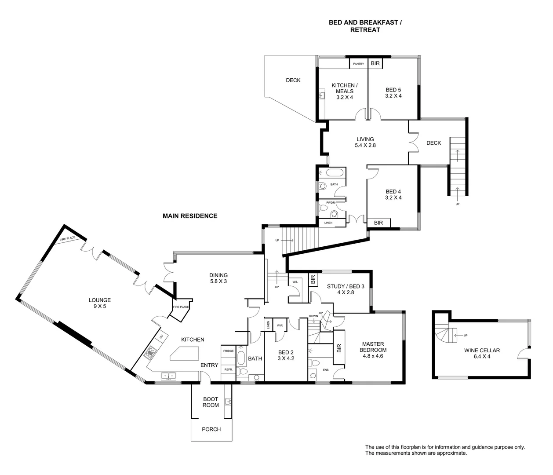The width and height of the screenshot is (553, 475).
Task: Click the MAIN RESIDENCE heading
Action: (x=190, y=216)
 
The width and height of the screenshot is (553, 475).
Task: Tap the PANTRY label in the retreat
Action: (x=358, y=64)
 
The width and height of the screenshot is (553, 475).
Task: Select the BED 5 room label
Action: (x=393, y=92)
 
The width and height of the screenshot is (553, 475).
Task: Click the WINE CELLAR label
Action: (x=482, y=354)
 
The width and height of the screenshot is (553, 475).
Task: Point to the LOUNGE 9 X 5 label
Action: (x=99, y=303)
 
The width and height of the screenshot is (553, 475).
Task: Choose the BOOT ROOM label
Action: (x=211, y=402)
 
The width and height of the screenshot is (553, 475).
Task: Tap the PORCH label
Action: (x=211, y=429)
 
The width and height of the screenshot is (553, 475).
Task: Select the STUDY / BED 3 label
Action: (x=346, y=289)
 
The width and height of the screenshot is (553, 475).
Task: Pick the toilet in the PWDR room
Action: (x=334, y=214)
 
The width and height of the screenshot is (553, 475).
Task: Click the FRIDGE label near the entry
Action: (x=228, y=351)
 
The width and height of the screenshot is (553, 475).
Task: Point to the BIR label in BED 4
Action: (x=378, y=223)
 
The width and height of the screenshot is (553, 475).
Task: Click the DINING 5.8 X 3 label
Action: (x=218, y=278)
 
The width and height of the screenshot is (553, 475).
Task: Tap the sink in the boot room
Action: (x=228, y=402)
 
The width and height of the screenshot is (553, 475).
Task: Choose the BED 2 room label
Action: (x=286, y=355)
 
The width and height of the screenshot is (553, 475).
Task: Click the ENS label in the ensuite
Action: (x=326, y=370)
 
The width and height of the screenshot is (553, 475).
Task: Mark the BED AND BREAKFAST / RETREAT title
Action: (x=365, y=26)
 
